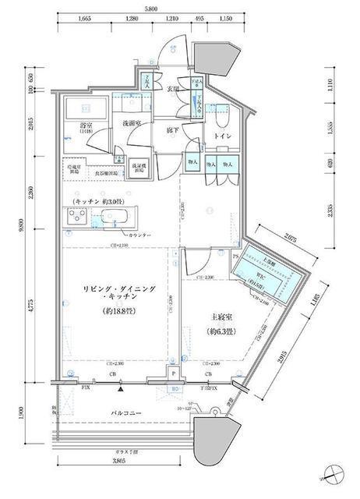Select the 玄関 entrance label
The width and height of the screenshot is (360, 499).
coord(175,90)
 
